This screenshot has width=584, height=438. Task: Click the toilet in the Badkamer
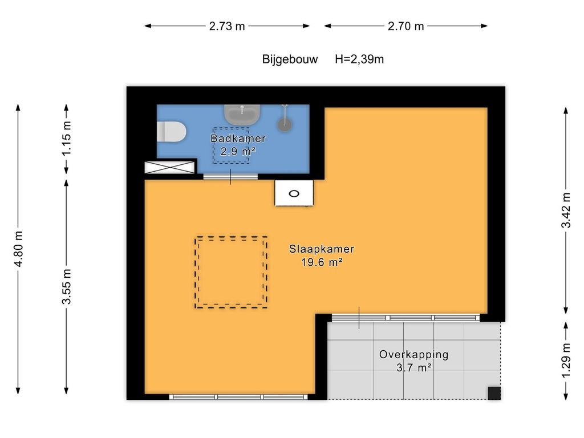pos(171,132)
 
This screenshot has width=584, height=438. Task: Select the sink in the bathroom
pos(242,115)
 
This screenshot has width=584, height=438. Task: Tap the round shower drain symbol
pos(285,124)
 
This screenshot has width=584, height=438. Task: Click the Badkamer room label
pos(238,139)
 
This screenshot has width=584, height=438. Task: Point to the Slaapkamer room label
pos(322,249)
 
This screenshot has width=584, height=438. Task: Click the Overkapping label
pos(414,355)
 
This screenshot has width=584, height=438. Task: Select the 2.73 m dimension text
pos(227,26)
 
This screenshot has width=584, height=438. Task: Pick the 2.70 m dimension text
pos(405,26)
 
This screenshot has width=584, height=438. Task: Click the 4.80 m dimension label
pos(18,249)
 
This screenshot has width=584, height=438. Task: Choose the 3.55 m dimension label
pos(66,286)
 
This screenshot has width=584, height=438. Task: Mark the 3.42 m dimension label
pos(566,210)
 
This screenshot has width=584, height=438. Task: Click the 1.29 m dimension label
pos(566,361)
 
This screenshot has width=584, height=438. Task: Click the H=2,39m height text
pos(359,59)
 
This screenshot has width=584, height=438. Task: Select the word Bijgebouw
pos(290,59)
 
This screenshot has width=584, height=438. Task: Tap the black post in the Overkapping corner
pos(494,393)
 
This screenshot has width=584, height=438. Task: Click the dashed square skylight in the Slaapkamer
pos(195,272)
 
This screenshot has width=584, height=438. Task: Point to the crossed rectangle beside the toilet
pos(170,167)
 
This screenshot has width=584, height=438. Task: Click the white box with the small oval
pos(294,193)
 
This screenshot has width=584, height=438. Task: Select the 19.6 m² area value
pos(322,262)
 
